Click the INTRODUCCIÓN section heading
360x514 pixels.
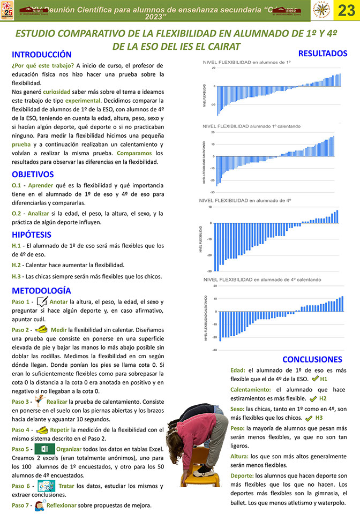pos(42,55)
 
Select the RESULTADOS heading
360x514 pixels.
pos(322,53)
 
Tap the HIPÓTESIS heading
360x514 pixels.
pos(32,234)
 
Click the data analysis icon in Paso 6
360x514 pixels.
pos(46,486)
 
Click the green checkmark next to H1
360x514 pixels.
pos(315,379)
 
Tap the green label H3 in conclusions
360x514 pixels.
pos(319,418)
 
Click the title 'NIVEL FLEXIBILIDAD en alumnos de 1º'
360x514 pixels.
pos(246,63)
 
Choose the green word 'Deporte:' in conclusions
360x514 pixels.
pos(242,475)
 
